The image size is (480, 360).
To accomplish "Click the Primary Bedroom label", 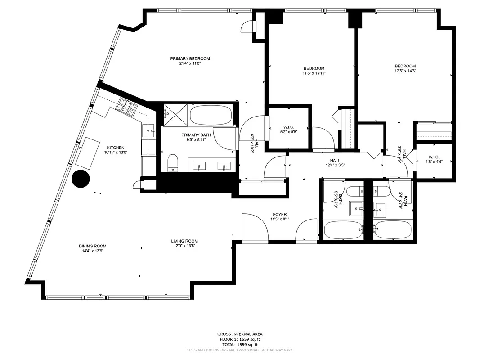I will [x=190, y=58].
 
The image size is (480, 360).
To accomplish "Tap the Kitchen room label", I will [x=115, y=148].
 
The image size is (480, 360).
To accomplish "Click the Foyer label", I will [x=279, y=214].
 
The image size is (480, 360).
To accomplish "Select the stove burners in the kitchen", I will [x=126, y=107].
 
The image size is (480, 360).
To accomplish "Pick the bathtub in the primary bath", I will [x=211, y=116].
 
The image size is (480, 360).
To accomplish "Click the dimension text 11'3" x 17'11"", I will [x=314, y=73].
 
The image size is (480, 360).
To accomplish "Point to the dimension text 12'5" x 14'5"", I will [x=405, y=71].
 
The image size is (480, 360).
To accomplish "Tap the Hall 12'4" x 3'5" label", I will [x=335, y=162].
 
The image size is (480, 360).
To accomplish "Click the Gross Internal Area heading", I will [x=240, y=334].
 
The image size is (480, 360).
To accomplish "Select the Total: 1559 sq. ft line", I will [x=240, y=344].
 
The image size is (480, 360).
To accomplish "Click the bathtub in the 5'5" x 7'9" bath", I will [x=344, y=230].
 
